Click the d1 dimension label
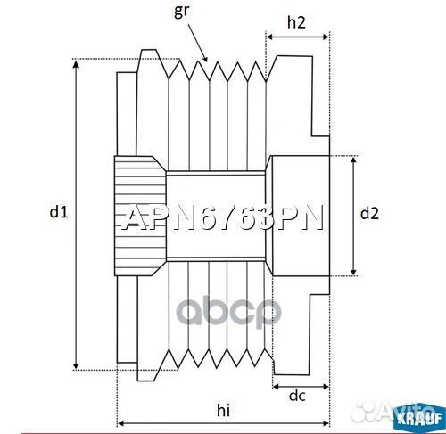59,212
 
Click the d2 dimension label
369,213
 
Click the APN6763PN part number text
222,219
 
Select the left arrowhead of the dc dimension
275,389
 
